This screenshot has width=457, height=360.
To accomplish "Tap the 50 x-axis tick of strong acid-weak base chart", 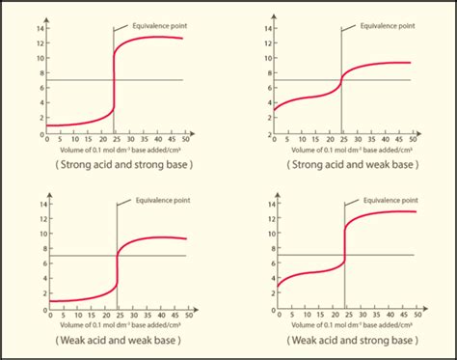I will coord(415,140).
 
